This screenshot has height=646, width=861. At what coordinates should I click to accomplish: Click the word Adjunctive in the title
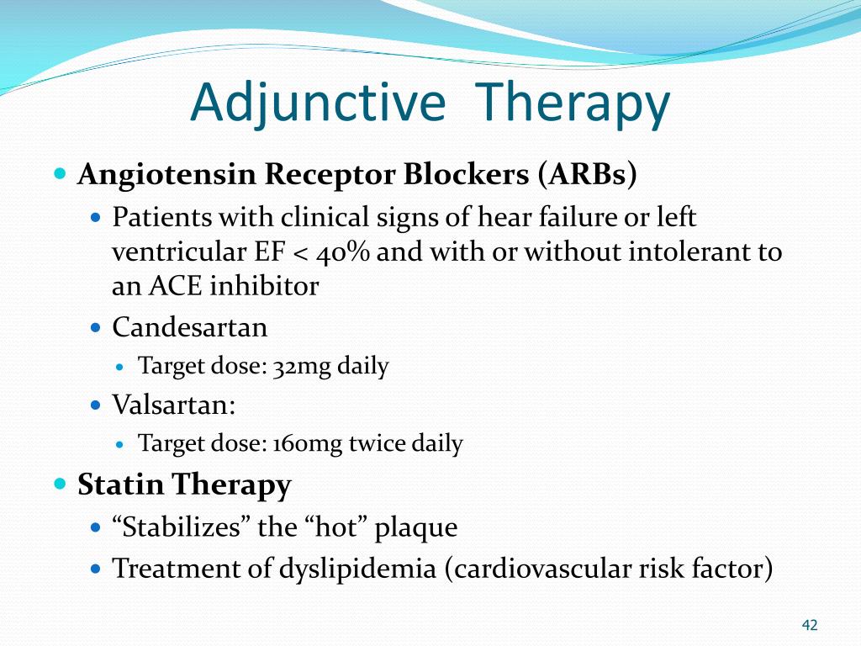[x=317, y=103]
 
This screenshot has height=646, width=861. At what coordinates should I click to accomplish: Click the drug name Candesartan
[x=190, y=326]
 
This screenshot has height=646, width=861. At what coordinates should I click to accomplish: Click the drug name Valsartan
[x=172, y=405]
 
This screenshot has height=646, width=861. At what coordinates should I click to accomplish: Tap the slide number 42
[x=810, y=625]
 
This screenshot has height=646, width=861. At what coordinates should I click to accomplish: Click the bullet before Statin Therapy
[x=59, y=484]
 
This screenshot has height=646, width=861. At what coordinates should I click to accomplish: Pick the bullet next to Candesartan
[x=96, y=326]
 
